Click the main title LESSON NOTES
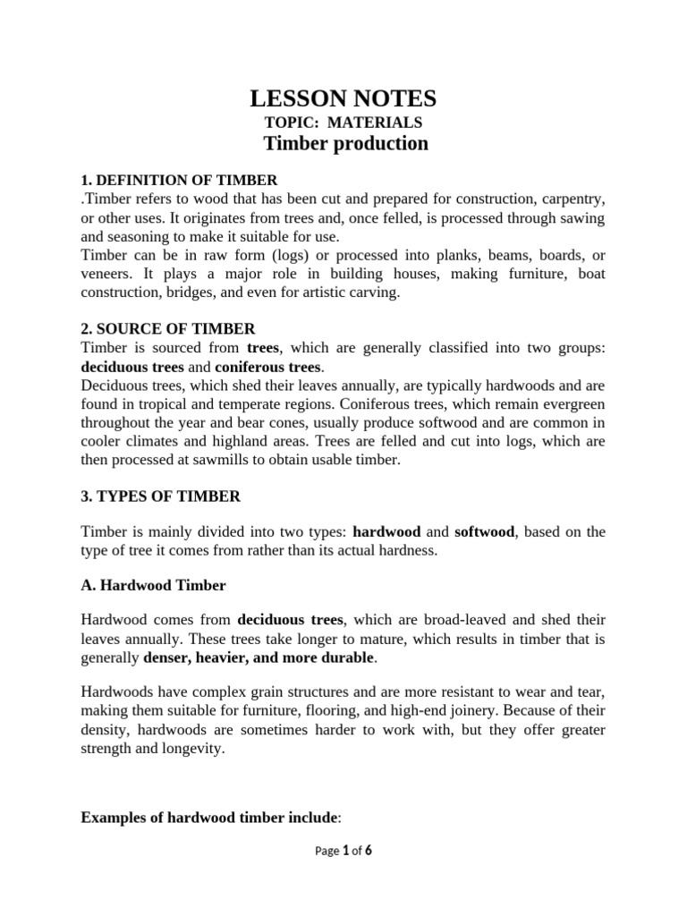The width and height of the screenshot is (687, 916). pos(343,98)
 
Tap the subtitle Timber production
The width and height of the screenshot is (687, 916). pos(345,144)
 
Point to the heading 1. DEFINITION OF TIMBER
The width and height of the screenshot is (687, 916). pos(179,180)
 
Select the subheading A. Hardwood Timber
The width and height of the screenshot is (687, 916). pos(153,586)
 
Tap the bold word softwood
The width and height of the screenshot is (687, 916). pos(484,532)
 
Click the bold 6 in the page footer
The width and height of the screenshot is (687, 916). pos(368,851)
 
